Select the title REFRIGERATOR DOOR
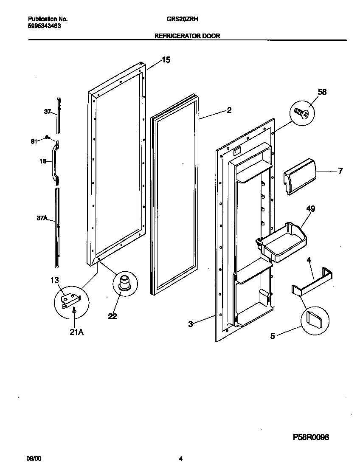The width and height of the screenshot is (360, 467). (x=187, y=36)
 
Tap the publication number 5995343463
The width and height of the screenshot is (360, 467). (x=44, y=25)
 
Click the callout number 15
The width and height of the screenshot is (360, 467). (x=166, y=60)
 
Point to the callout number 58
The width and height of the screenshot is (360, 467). (x=322, y=92)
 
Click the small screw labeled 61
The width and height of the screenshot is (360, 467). (x=48, y=138)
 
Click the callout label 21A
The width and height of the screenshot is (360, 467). (x=76, y=332)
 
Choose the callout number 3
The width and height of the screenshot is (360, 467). (x=191, y=324)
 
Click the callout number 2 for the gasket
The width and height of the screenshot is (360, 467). (x=229, y=110)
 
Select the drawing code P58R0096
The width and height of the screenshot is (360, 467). (x=311, y=437)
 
